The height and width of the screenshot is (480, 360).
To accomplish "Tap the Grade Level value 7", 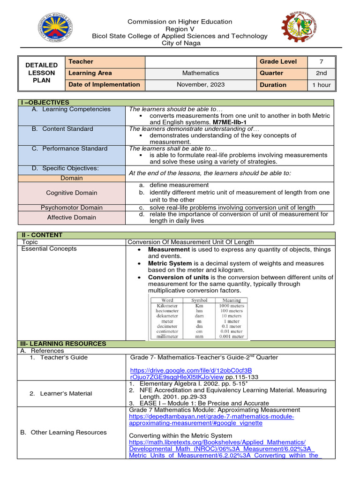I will [x=321, y=61].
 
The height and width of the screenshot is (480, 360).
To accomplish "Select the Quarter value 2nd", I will [x=321, y=73].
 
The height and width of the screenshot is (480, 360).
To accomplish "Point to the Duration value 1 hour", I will [x=321, y=85].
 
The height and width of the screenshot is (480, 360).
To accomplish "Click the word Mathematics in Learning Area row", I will [x=201, y=73].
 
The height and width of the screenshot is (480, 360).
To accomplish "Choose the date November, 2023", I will [x=201, y=85].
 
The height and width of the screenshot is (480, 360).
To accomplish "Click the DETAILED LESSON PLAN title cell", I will [x=41, y=73].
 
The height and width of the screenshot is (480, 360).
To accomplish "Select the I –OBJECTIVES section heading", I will [x=43, y=102].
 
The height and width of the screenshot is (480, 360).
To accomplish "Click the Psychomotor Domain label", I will [x=72, y=208].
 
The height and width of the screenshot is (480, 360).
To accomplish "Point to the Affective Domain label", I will [x=72, y=217].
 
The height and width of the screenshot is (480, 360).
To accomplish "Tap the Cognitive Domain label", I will [x=72, y=193].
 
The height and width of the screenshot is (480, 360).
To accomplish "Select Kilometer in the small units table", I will [x=167, y=306].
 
